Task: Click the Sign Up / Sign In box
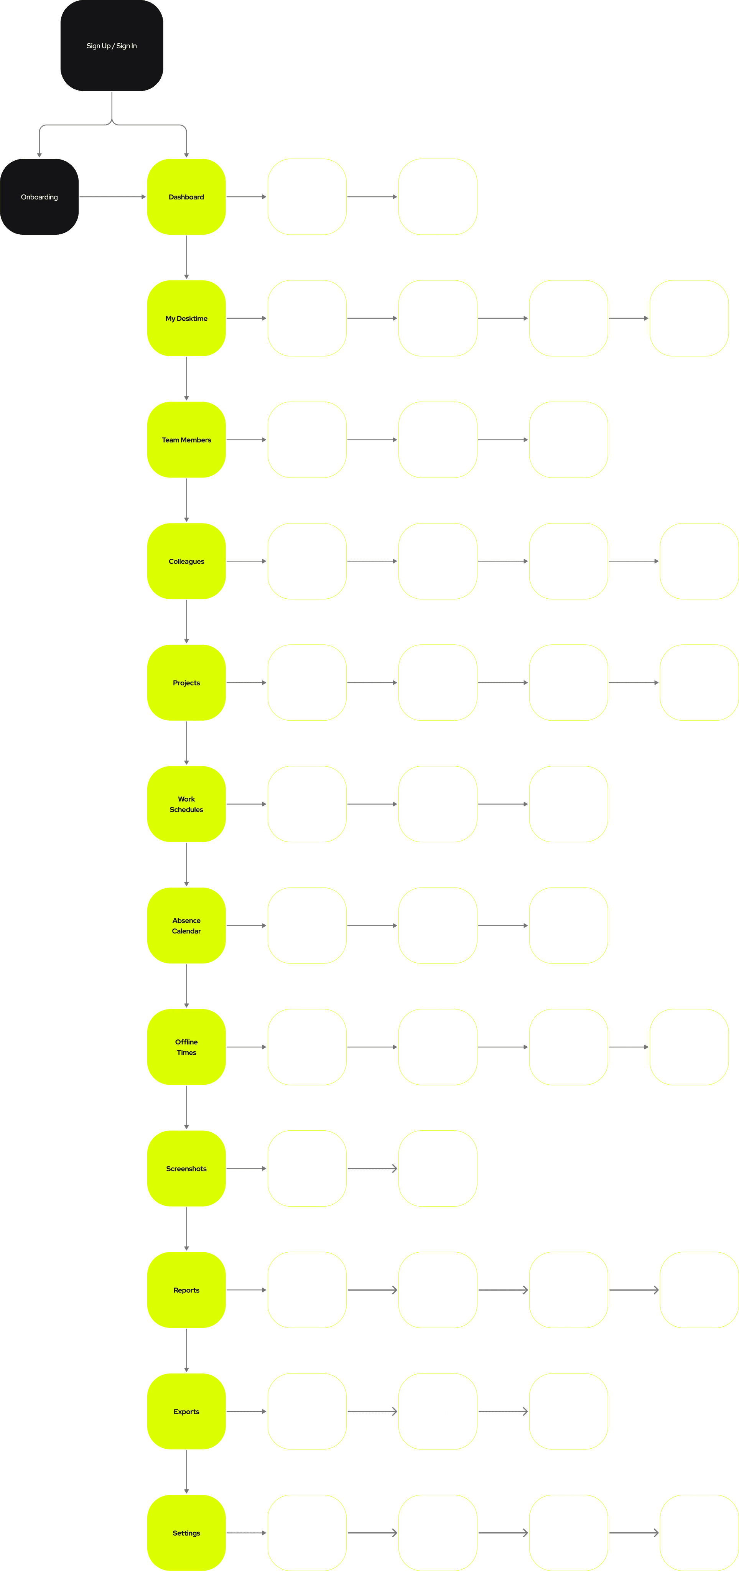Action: [112, 46]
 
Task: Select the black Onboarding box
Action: [40, 197]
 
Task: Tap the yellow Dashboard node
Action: [186, 197]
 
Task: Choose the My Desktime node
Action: [186, 318]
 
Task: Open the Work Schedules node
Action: [186, 804]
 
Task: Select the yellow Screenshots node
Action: [186, 1169]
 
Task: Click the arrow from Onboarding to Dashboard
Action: [113, 197]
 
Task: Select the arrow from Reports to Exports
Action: [186, 1350]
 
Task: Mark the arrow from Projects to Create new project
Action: [246, 682]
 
